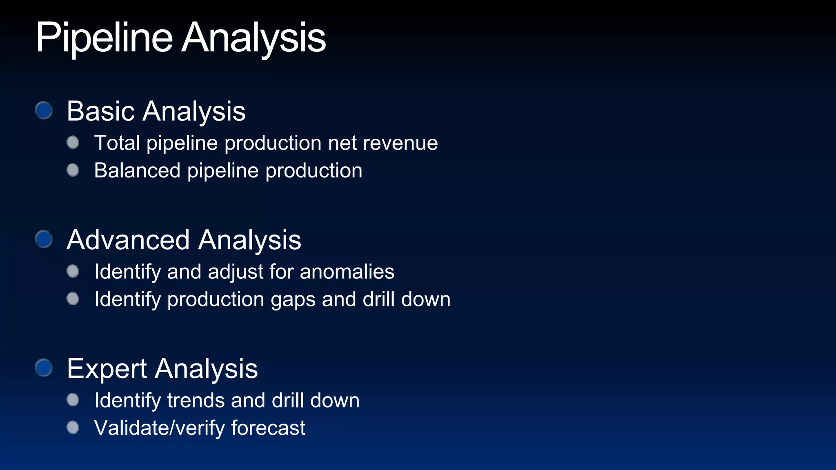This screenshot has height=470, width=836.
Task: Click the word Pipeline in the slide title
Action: (104, 38)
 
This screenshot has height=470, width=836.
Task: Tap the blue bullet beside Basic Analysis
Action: (44, 110)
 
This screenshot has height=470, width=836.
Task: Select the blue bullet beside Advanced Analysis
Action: (44, 239)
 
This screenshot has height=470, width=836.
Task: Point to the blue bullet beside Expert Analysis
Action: (44, 368)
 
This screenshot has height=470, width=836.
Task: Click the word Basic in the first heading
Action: (100, 111)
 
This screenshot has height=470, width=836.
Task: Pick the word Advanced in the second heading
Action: (128, 240)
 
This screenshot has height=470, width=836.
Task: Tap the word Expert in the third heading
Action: (107, 369)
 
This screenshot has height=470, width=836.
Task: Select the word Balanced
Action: (137, 171)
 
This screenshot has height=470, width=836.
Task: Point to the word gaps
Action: (293, 300)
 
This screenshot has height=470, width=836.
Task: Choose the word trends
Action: (196, 400)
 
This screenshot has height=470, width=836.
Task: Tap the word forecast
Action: (268, 428)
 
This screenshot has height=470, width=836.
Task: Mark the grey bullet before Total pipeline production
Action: (73, 142)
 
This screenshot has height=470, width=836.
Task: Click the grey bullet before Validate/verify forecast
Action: (73, 428)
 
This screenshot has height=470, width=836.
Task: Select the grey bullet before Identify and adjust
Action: (73, 271)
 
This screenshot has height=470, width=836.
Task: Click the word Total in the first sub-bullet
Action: (117, 143)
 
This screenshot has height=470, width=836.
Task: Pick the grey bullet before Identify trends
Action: (73, 400)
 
